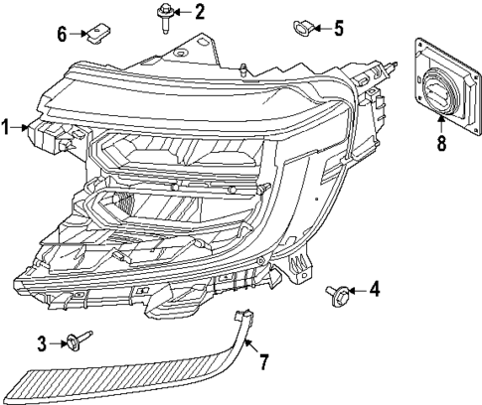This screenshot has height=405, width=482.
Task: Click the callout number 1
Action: coord(6,127)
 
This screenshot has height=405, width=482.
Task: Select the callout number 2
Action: coord(200,12)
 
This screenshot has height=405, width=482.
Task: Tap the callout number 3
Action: coord(43,343)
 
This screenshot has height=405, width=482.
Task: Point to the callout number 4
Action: coord(374,291)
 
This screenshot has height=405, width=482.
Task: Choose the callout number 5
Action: coord(339,27)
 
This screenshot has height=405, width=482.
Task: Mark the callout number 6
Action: coord(62,34)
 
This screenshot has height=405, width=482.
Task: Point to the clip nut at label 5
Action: coord(300,26)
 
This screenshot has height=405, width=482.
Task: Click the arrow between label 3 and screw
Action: coord(59,343)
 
